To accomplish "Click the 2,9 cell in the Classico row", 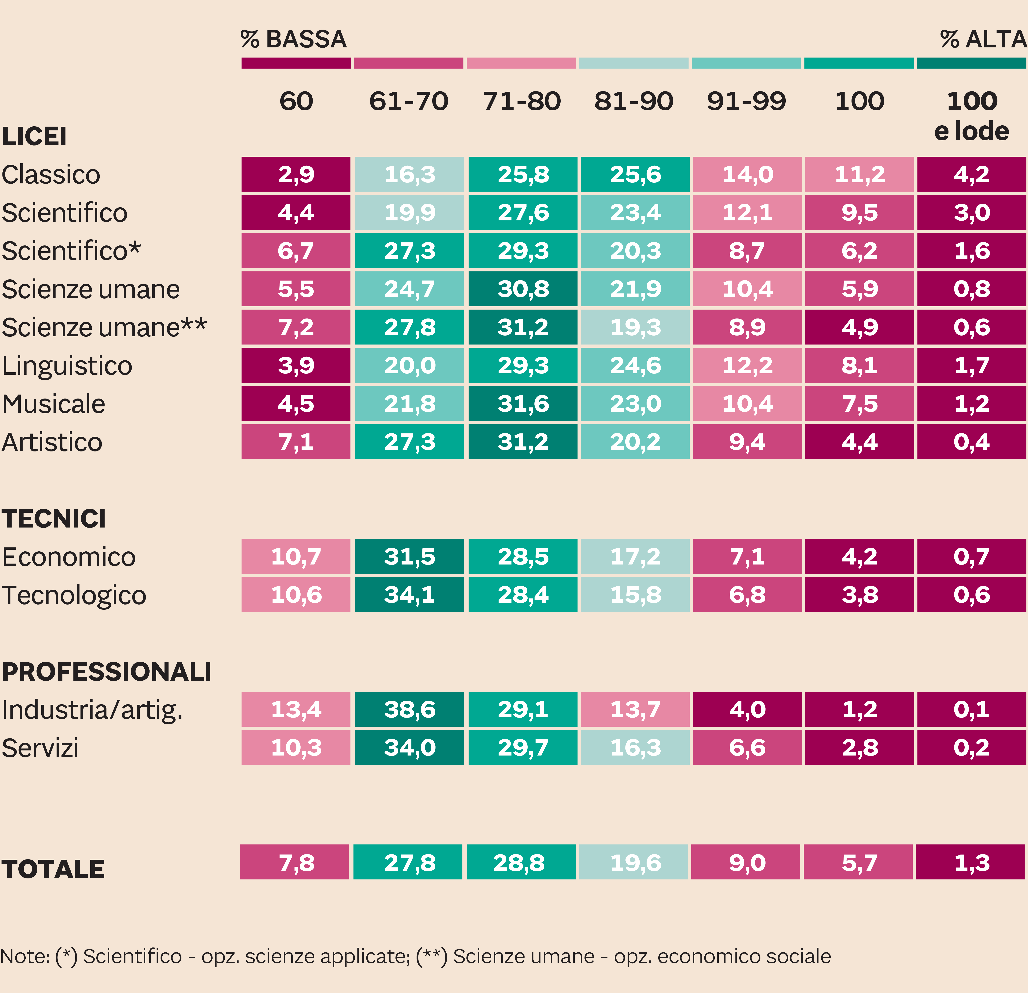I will click(x=296, y=174).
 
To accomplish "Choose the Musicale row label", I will click(x=54, y=404).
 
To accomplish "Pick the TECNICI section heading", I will click(x=54, y=519).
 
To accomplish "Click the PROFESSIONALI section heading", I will click(x=106, y=672).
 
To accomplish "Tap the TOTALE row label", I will click(x=53, y=869).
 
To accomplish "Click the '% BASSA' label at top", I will click(x=294, y=39).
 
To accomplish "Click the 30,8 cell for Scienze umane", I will click(x=523, y=289).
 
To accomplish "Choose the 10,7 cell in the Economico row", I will click(x=296, y=556).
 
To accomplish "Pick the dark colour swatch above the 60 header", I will click(x=296, y=63).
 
